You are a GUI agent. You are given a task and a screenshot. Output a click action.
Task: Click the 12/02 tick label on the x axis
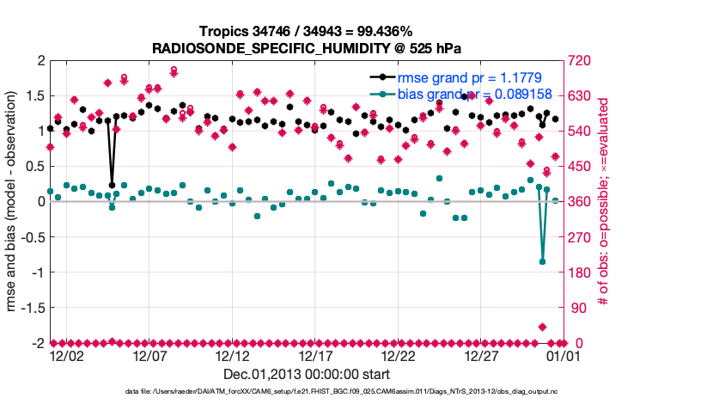(66, 356)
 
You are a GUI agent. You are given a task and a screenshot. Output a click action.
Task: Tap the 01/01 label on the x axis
(547, 356)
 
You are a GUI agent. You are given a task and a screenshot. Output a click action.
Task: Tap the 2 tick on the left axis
(40, 60)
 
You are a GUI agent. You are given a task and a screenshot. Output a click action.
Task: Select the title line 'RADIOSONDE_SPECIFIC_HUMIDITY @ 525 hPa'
(307, 47)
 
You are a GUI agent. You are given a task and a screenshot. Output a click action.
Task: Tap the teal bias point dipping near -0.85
(542, 261)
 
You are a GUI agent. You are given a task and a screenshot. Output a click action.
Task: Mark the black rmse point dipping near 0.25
(112, 184)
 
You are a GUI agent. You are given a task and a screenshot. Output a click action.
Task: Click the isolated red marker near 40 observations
(542, 327)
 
